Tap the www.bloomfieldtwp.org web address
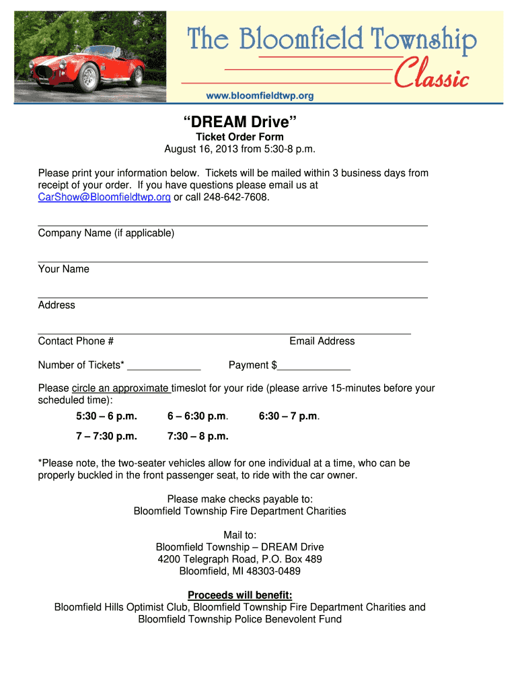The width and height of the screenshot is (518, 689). click(x=260, y=96)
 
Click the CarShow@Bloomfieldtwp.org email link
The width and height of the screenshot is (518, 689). click(x=104, y=197)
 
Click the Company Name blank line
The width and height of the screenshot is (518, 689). click(x=233, y=225)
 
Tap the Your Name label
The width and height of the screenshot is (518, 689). click(x=64, y=269)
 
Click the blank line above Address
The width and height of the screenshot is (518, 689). click(x=233, y=296)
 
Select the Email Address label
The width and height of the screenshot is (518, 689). click(x=322, y=341)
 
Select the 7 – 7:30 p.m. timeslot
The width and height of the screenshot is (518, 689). click(x=106, y=436)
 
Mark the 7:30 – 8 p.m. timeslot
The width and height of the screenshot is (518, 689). click(x=198, y=436)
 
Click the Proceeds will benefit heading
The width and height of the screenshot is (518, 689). click(x=240, y=595)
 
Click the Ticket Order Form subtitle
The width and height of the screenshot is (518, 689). click(x=240, y=137)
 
